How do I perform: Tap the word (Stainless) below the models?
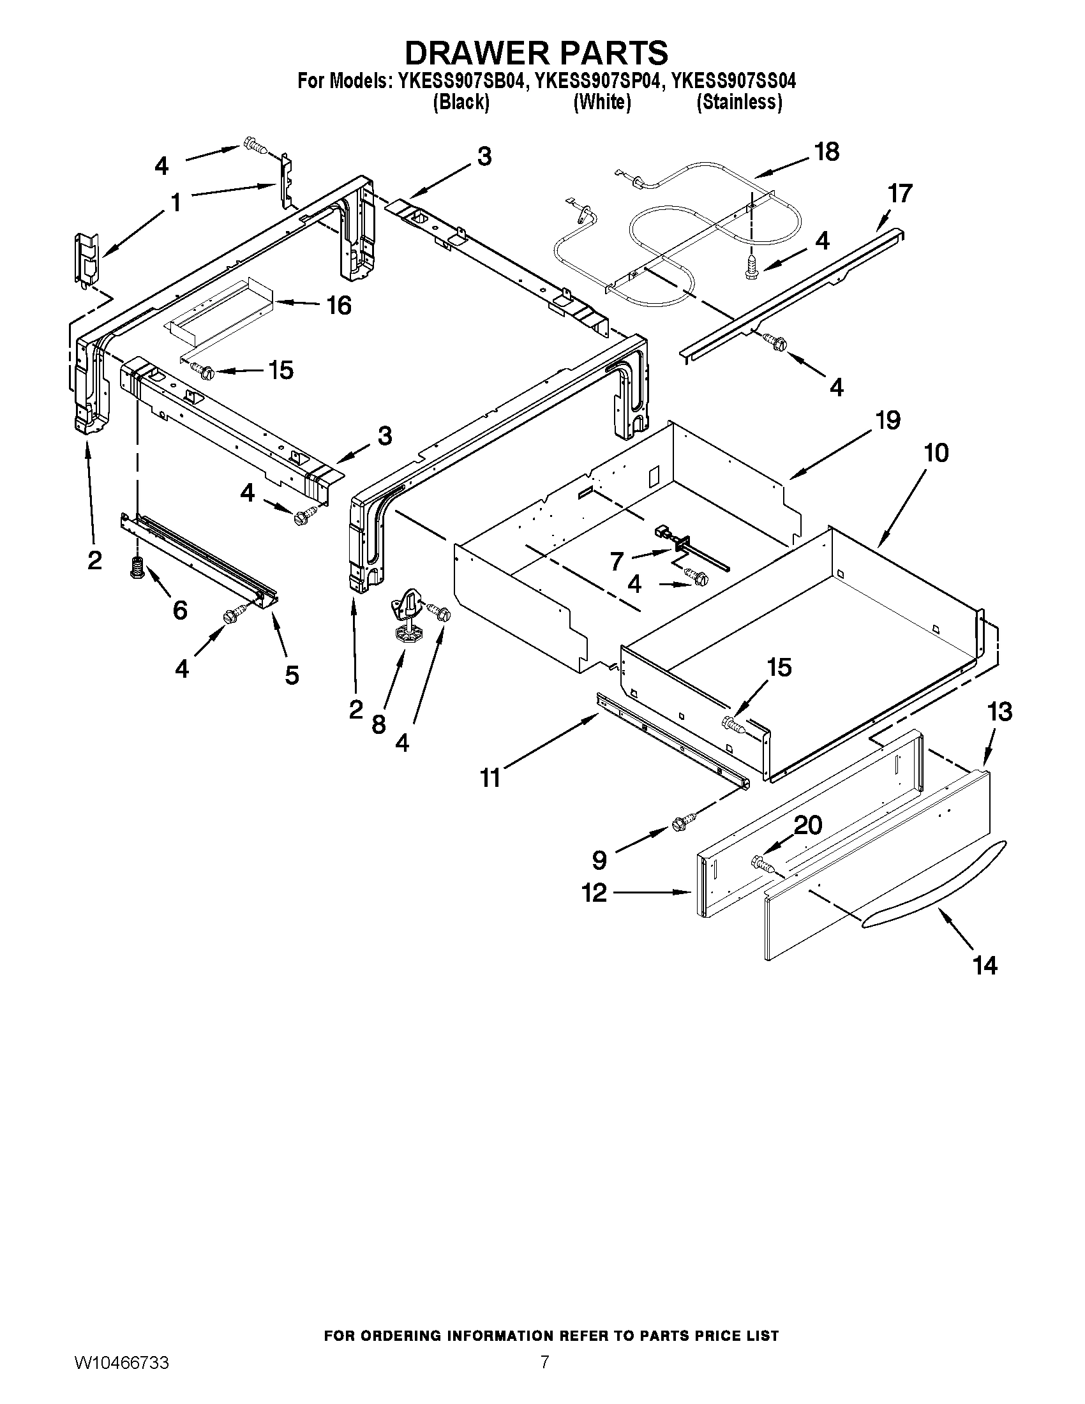(739, 103)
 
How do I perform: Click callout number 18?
(827, 152)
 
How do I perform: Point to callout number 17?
(900, 193)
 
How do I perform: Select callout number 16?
(339, 305)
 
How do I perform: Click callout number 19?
(888, 421)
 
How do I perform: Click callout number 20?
(809, 825)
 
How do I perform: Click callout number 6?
(180, 609)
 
